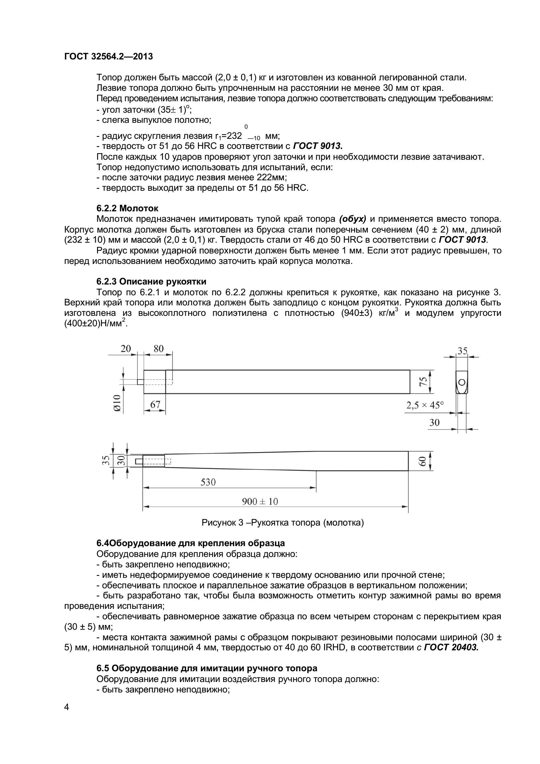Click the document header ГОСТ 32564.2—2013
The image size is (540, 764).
(x=108, y=57)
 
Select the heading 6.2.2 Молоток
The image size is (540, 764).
(x=127, y=208)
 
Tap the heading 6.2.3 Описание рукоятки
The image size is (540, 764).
(x=151, y=282)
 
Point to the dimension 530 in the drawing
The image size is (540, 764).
(x=208, y=482)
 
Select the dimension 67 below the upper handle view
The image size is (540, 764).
(x=155, y=405)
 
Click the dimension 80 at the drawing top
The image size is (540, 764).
(x=158, y=349)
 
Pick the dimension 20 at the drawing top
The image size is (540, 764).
(x=126, y=349)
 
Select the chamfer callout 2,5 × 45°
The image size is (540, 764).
(x=425, y=405)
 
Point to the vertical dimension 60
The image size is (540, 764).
(x=422, y=461)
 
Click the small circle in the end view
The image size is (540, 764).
(x=462, y=382)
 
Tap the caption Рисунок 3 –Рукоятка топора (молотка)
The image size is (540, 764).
(x=283, y=523)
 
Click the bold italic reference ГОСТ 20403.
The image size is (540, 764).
(x=451, y=647)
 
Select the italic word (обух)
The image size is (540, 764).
(x=353, y=219)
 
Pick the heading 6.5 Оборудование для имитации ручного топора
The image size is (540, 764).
(x=206, y=668)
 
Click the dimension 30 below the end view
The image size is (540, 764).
(x=434, y=423)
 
